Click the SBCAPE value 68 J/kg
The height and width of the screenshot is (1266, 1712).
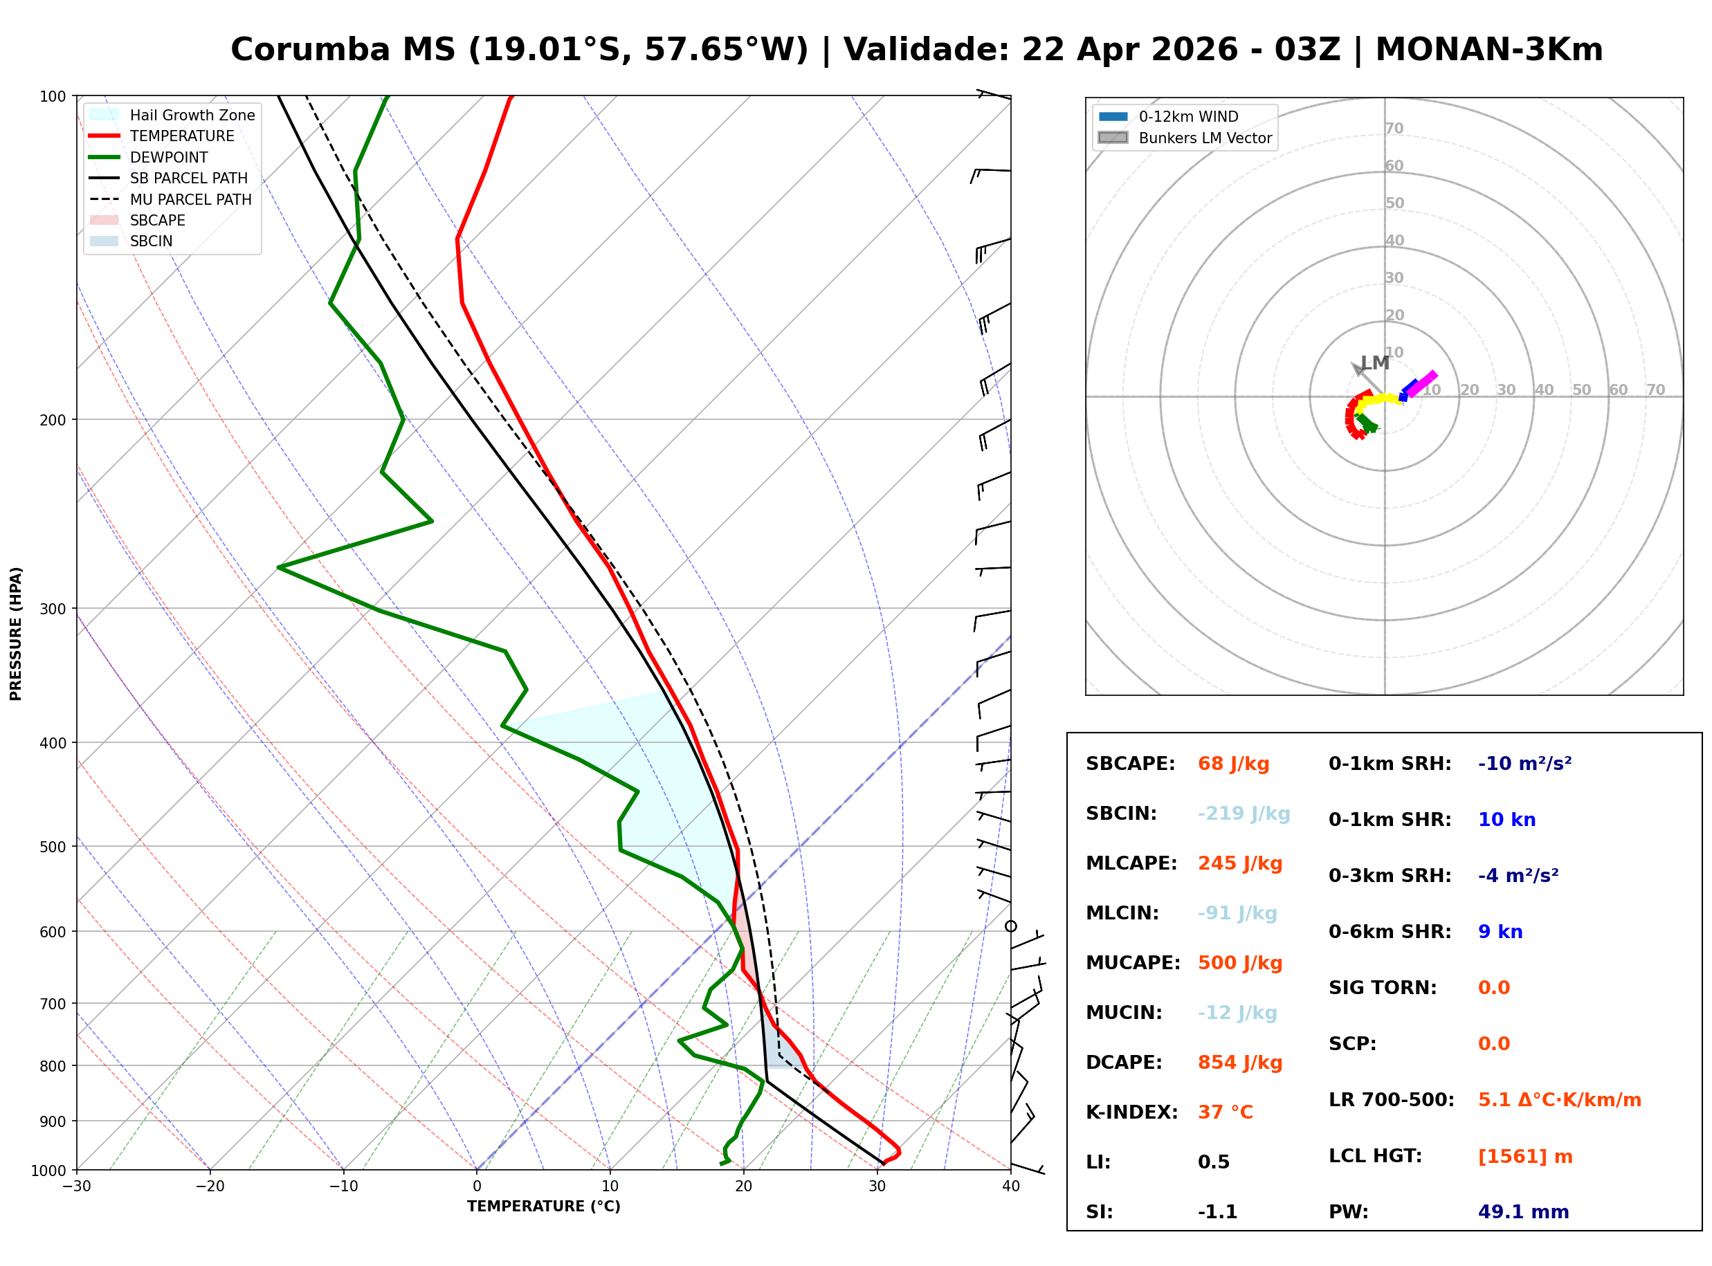(1233, 764)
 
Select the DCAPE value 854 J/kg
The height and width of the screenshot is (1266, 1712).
(1239, 1062)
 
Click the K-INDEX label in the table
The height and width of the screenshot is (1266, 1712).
(1131, 1112)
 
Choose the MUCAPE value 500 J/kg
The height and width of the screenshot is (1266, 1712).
(1239, 962)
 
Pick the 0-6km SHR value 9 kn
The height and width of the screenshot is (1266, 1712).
(1500, 932)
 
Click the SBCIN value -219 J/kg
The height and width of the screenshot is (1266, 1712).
(1243, 813)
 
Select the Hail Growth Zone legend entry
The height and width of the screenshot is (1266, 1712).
(192, 115)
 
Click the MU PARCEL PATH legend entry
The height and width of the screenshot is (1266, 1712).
(190, 199)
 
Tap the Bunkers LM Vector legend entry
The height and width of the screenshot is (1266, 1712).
(1204, 138)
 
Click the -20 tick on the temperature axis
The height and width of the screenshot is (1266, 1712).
(210, 1186)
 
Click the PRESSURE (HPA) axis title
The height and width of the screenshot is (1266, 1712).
(16, 634)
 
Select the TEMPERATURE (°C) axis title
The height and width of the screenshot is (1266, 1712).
(543, 1207)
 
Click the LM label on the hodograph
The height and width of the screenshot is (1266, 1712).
(1375, 363)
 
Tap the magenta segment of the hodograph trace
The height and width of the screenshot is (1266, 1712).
(1421, 383)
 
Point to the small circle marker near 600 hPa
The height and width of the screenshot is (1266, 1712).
(1011, 926)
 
